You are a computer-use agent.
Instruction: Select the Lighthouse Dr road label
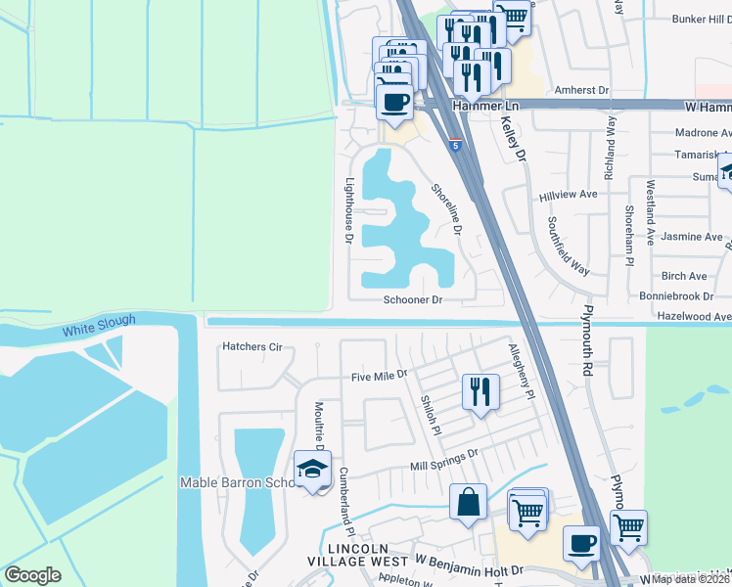tap(348, 210)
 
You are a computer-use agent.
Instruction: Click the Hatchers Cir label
tap(252, 346)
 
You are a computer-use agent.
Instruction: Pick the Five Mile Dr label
tap(379, 376)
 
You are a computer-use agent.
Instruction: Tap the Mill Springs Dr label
tap(443, 454)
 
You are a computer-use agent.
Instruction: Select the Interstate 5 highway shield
tap(456, 145)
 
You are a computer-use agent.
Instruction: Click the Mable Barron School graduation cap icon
tap(313, 469)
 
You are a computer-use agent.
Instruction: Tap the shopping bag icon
tap(469, 502)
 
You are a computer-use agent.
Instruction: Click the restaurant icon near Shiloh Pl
tap(480, 391)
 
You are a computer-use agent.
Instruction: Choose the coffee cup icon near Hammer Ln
tap(395, 101)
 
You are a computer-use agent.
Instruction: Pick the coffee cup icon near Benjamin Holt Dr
tap(582, 543)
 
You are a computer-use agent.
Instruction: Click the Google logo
tap(32, 575)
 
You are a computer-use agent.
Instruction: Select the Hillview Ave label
tap(568, 196)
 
